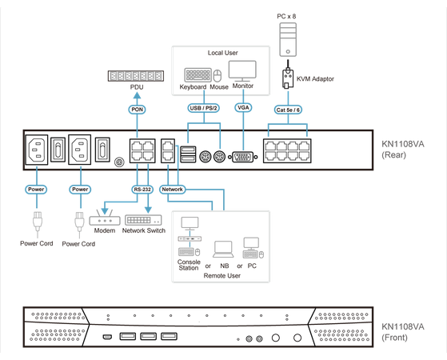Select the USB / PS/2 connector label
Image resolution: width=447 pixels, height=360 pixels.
203,107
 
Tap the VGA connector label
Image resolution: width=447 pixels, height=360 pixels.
243,107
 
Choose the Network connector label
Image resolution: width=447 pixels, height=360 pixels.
174,190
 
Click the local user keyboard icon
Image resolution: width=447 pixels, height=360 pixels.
197,74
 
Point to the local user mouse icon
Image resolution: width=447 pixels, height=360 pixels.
218,75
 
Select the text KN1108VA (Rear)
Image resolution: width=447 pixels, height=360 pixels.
409,151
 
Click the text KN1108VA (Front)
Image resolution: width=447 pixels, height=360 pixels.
409,332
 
